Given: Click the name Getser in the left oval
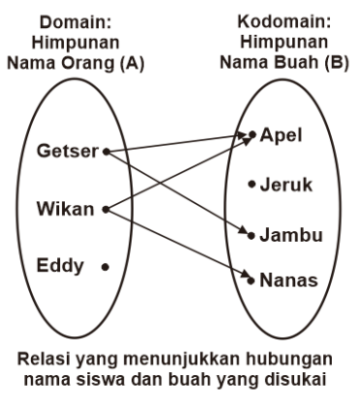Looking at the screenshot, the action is (67, 153).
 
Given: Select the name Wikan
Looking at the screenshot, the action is (65, 208).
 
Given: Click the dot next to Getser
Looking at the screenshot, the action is (105, 152).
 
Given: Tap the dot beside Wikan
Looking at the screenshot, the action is (104, 208).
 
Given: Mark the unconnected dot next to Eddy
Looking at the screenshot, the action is (104, 265).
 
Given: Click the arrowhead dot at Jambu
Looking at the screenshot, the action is (251, 235).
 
